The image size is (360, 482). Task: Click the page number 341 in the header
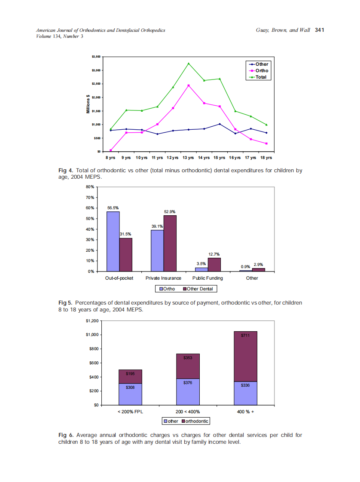point(319,30)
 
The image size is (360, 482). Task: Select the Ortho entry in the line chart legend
point(262,71)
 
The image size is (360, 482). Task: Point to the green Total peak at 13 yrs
point(189,64)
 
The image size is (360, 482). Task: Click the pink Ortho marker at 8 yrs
point(111,150)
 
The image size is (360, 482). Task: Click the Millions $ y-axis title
point(88,104)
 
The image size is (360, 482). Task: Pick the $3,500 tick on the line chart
point(96,57)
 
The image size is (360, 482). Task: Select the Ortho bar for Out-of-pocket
point(113,241)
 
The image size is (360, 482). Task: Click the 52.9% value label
point(170,212)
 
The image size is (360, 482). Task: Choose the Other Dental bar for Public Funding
point(214,265)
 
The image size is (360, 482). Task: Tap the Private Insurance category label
point(163,278)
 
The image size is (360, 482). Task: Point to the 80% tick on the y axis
point(90,187)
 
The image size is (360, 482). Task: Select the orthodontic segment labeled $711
point(245,356)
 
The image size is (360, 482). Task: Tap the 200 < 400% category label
point(188,412)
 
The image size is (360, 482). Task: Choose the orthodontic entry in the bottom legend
point(197,421)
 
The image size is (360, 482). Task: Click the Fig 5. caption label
point(65,303)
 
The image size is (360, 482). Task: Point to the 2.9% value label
point(258,265)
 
